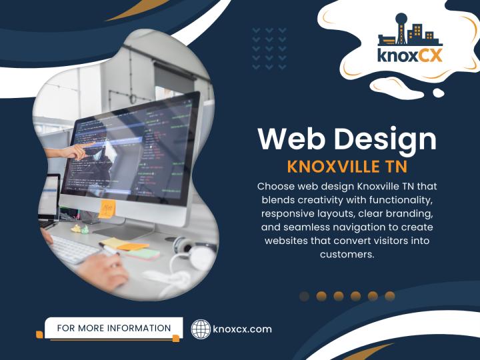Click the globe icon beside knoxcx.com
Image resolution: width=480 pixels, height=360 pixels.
pyautogui.click(x=201, y=329)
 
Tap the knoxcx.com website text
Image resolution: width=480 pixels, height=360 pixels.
pyautogui.click(x=242, y=329)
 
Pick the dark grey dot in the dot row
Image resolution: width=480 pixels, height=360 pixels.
pyautogui.click(x=305, y=296)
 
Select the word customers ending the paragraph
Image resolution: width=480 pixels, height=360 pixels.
pyautogui.click(x=347, y=254)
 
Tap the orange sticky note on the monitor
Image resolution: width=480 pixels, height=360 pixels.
pyautogui.click(x=107, y=209)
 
